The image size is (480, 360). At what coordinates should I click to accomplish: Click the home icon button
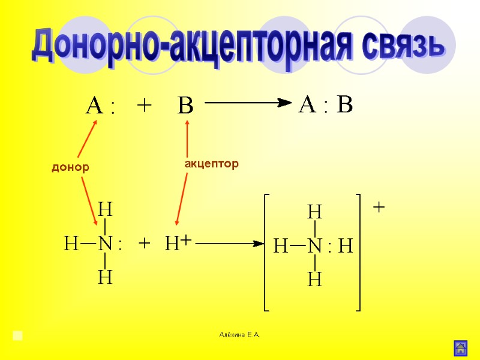pyautogui.click(x=461, y=348)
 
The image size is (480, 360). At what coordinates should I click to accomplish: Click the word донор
pyautogui.click(x=70, y=168)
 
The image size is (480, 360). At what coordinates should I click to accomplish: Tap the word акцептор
pyautogui.click(x=211, y=163)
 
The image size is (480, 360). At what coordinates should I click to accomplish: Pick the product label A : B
pyautogui.click(x=326, y=106)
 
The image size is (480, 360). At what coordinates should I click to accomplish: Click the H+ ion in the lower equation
pyautogui.click(x=178, y=244)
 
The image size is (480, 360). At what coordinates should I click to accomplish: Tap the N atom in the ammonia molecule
pyautogui.click(x=106, y=244)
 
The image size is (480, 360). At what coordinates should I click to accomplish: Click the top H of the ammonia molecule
pyautogui.click(x=106, y=209)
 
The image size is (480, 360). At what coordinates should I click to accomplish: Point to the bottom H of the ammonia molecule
pyautogui.click(x=106, y=278)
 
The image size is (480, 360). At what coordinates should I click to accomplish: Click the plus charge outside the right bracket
pyautogui.click(x=379, y=207)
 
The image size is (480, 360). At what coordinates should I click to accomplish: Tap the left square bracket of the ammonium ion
pyautogui.click(x=266, y=252)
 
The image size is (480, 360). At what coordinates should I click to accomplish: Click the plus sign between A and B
pyautogui.click(x=144, y=106)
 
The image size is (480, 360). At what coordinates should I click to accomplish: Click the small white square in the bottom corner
pyautogui.click(x=18, y=335)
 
